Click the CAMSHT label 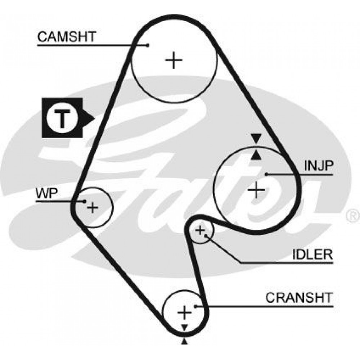pyautogui.click(x=67, y=36)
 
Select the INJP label pyautogui.click(x=318, y=166)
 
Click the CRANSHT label pyautogui.click(x=299, y=298)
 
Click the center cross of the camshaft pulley pyautogui.click(x=174, y=60)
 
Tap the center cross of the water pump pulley pyautogui.click(x=93, y=208)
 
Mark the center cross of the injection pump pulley pyautogui.click(x=256, y=190)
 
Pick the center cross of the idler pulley pyautogui.click(x=200, y=230)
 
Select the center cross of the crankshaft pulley pyautogui.click(x=185, y=312)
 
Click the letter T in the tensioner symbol pyautogui.click(x=62, y=119)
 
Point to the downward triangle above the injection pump pyautogui.click(x=256, y=139)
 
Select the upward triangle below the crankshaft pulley pyautogui.click(x=184, y=342)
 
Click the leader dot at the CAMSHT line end pyautogui.click(x=148, y=45)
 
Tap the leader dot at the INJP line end pyautogui.click(x=266, y=175)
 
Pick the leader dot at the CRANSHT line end pyautogui.click(x=195, y=306)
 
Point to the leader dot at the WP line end pyautogui.click(x=85, y=201)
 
